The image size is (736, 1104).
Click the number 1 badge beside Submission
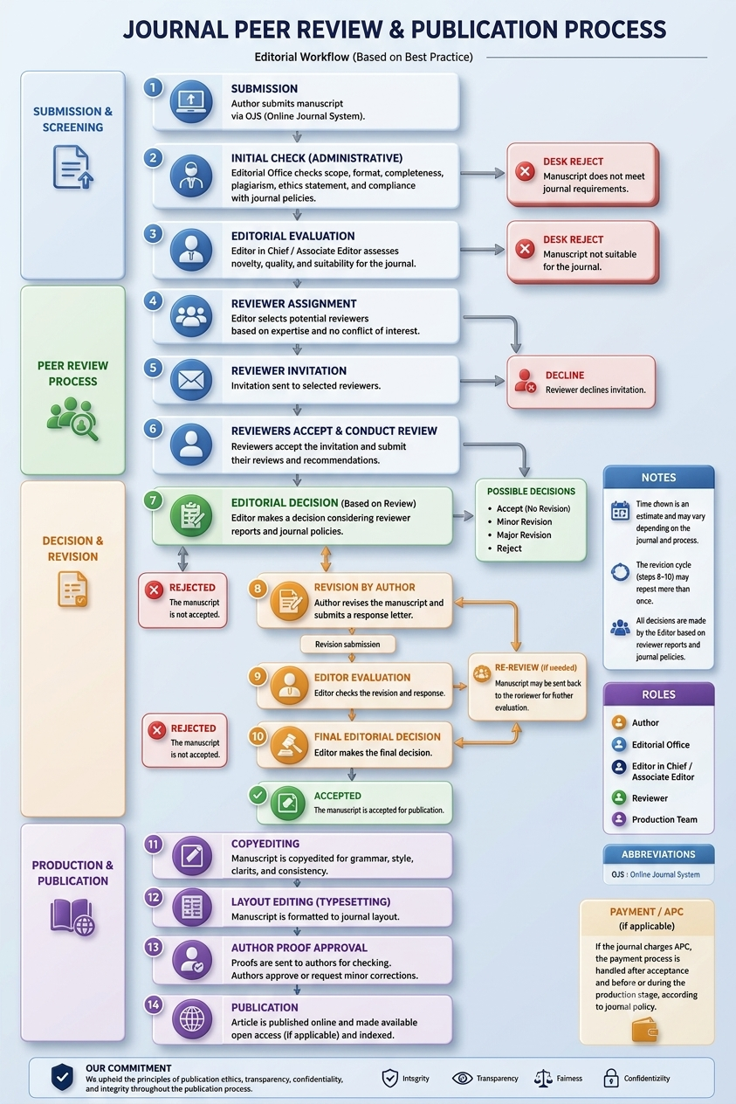coord(153,88)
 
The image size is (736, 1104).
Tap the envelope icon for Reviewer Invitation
coord(191,380)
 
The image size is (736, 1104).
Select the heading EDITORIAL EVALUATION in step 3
coord(293,236)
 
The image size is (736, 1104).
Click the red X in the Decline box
coord(531,388)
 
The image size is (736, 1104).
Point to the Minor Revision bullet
coord(524,521)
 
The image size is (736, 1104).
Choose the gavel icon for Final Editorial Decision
coord(289,745)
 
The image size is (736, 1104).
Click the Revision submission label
coord(347,645)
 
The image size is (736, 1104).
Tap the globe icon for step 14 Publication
coord(192,1018)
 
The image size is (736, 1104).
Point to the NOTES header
coord(658,477)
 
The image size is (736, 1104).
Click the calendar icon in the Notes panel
coord(620,511)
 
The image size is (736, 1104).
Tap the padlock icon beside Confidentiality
coord(611,1078)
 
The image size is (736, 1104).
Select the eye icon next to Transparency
coord(462,1079)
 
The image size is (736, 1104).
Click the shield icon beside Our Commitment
coord(63,1077)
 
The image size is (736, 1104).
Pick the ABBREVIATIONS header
coord(658,854)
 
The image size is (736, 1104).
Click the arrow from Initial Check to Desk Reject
coord(482,173)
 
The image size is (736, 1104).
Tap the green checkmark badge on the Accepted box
coord(258,795)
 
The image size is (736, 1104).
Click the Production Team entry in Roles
coord(655,819)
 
